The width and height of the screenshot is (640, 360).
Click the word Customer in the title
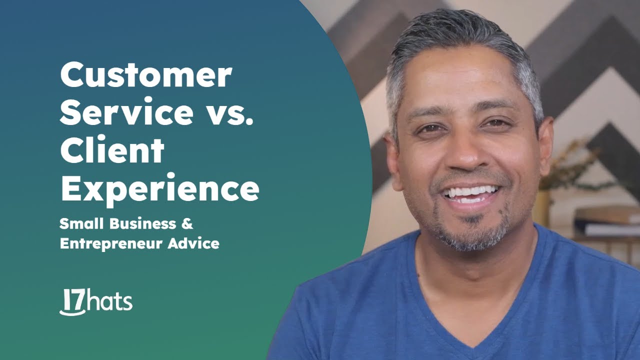coord(146,76)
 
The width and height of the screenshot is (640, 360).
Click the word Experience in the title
coord(159,188)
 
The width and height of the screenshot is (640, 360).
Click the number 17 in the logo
coord(73,301)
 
